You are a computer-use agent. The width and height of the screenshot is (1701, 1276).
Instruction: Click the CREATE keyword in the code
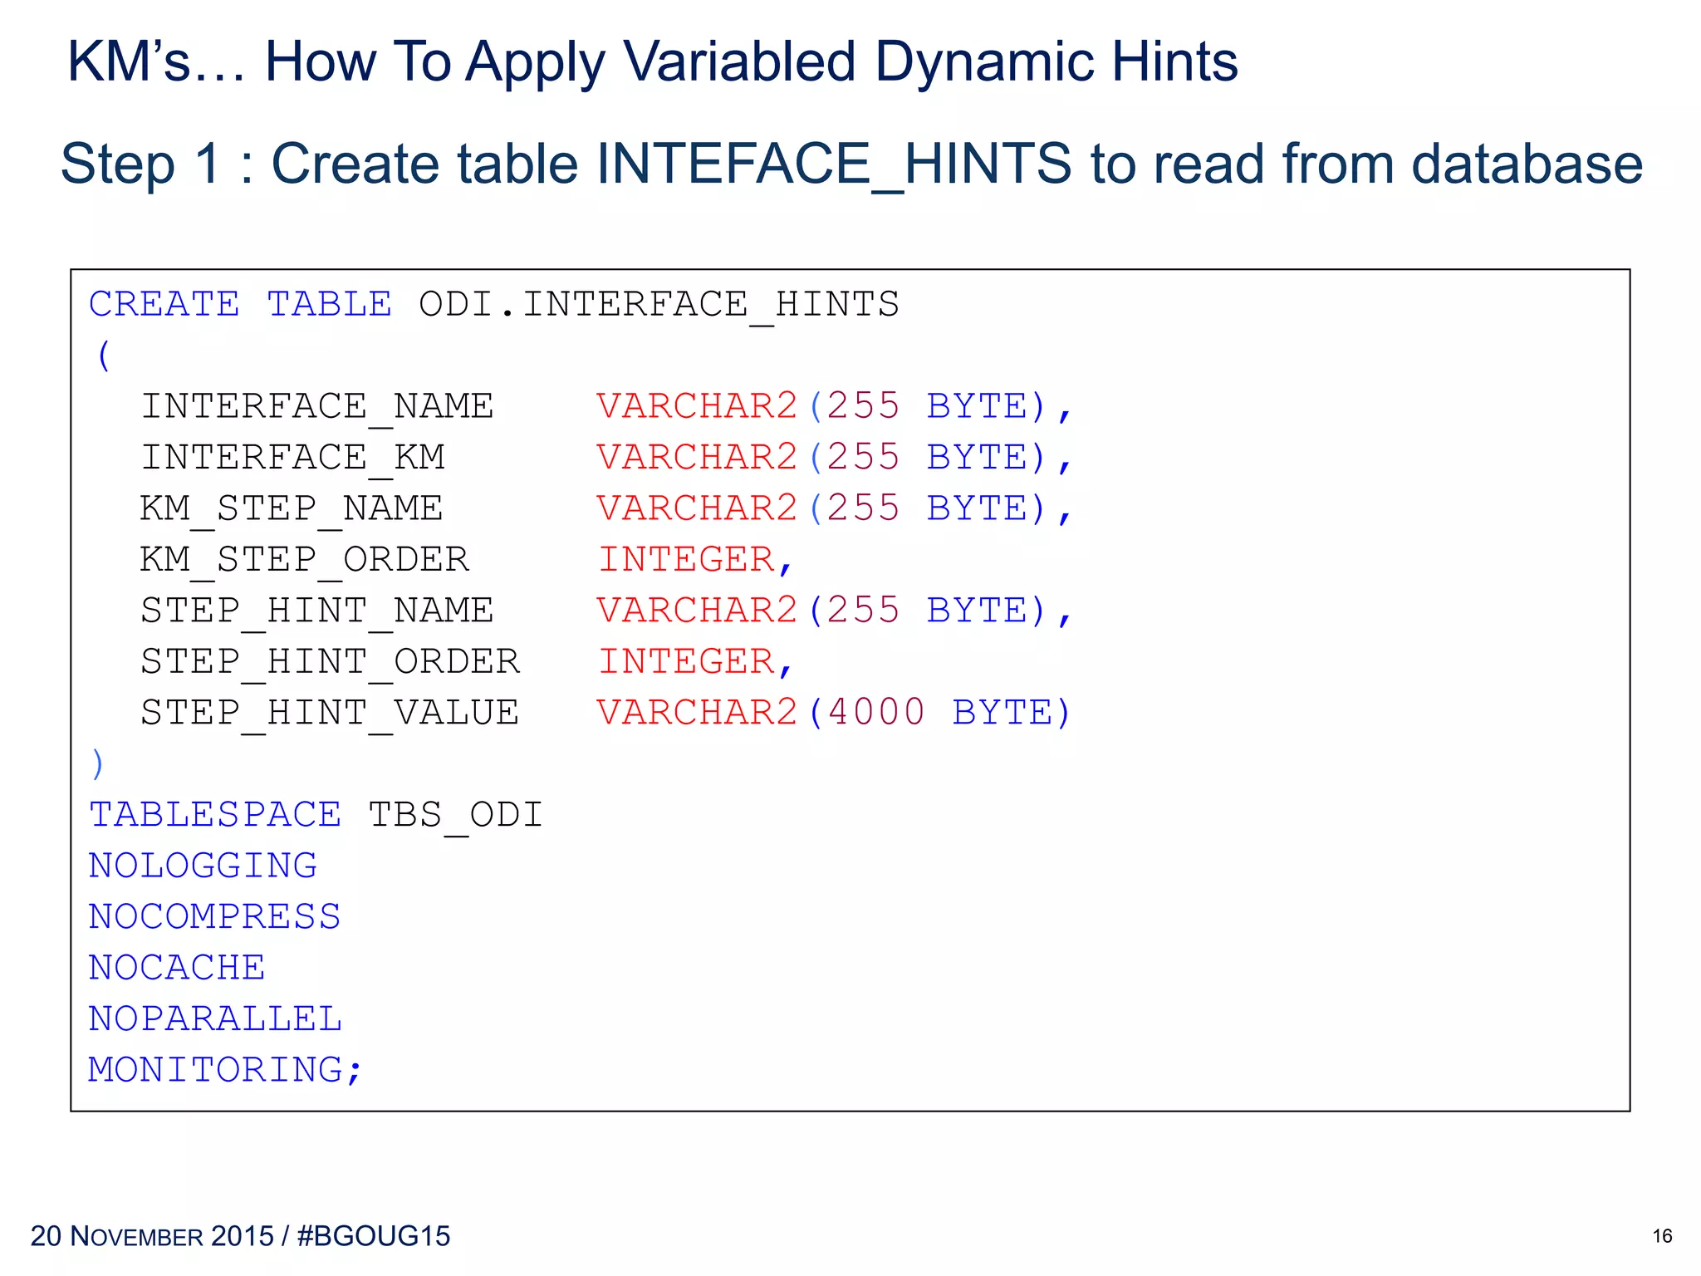[164, 305]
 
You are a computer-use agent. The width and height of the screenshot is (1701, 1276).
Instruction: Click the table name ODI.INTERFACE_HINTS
[659, 305]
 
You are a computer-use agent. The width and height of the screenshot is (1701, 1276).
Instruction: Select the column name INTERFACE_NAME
[317, 407]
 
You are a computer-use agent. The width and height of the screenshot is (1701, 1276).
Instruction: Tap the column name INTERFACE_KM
[292, 458]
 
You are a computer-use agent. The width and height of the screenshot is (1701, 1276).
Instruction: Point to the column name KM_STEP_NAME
[292, 509]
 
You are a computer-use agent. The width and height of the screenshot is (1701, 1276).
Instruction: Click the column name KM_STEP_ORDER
[305, 560]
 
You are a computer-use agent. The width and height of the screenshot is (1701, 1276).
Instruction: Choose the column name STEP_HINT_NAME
[317, 611]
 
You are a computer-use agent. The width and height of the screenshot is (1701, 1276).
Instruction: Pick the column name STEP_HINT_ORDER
[330, 662]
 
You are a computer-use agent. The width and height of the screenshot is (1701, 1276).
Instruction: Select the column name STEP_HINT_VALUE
[330, 714]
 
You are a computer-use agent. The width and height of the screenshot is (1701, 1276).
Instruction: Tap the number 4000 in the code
[876, 714]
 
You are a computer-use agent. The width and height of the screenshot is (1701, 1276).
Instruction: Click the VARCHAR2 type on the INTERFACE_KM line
[697, 458]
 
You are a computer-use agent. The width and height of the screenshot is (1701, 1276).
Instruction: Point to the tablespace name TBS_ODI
[455, 816]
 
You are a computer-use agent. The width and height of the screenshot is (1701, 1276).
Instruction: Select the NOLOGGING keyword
[203, 866]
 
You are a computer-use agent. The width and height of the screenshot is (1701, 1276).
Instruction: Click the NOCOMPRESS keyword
[214, 918]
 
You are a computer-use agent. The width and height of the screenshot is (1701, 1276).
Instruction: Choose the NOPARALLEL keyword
[215, 1019]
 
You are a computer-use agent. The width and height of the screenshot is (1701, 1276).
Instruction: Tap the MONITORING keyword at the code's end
[215, 1071]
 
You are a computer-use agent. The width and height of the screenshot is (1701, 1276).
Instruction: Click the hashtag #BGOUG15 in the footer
[373, 1236]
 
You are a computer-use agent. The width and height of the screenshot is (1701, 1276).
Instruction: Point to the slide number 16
[1662, 1236]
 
